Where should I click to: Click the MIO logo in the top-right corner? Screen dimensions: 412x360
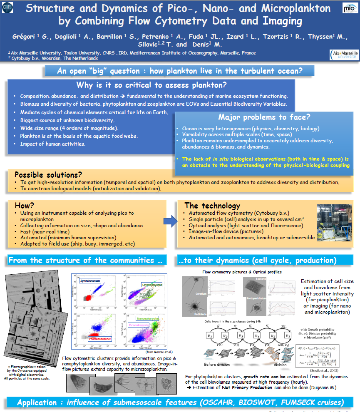(x=349, y=8)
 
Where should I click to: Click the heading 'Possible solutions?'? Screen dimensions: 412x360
(x=48, y=174)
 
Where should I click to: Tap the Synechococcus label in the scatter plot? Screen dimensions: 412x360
(x=92, y=280)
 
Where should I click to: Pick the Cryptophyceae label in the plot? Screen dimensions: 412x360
(x=152, y=285)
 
